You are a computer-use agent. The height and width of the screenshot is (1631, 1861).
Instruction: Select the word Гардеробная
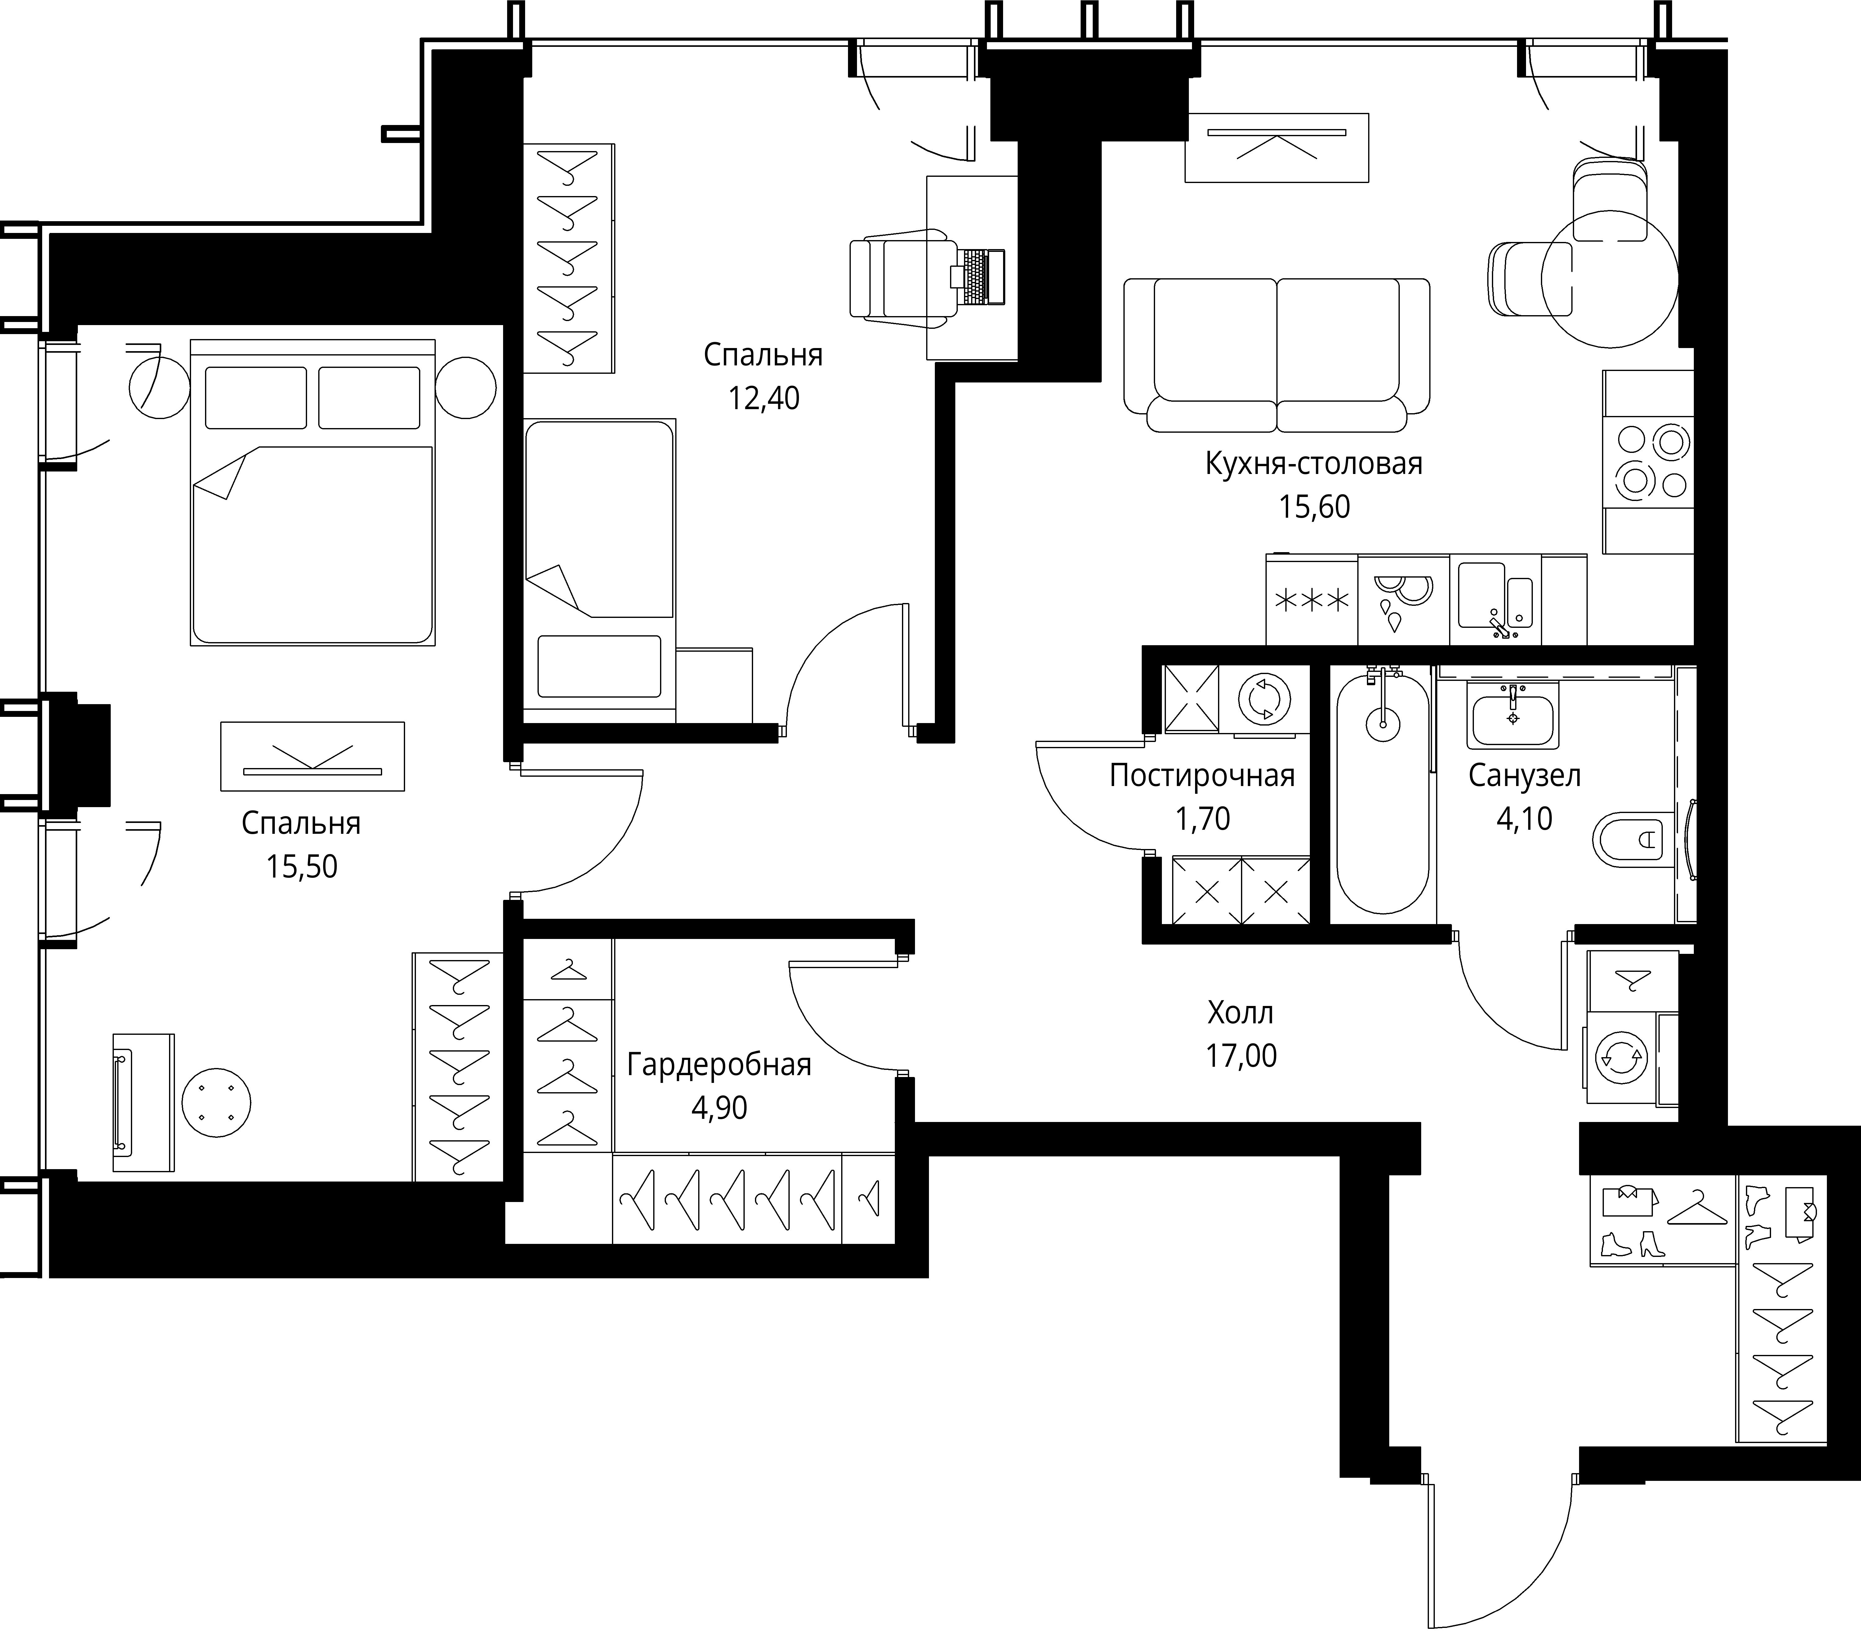719,1064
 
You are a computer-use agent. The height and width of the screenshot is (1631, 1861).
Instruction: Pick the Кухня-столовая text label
1313,464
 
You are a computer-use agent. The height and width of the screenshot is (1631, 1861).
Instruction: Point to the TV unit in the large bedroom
312,756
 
